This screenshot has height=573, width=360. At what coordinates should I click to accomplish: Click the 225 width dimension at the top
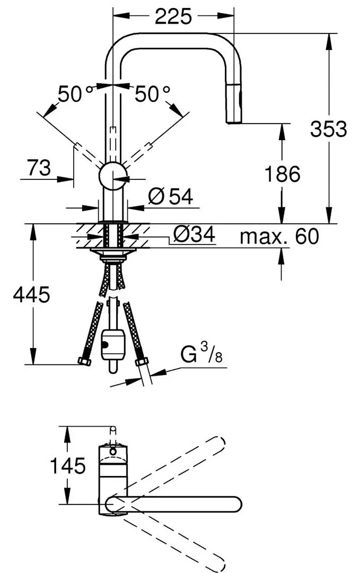[173, 16]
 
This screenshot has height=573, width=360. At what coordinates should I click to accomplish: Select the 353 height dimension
[328, 129]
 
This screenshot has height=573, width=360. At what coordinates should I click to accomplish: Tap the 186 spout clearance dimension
[282, 173]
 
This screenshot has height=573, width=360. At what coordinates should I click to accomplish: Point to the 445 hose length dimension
[31, 294]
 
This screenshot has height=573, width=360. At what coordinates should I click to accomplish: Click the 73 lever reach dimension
[39, 168]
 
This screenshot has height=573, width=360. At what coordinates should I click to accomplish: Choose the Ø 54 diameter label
[171, 197]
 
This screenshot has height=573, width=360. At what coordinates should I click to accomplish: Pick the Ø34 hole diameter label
[194, 234]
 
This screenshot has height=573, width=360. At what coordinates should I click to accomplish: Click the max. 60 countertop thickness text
[279, 237]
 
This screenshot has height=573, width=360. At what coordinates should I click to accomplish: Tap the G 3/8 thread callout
[201, 354]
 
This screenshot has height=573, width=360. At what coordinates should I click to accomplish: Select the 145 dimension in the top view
[67, 466]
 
